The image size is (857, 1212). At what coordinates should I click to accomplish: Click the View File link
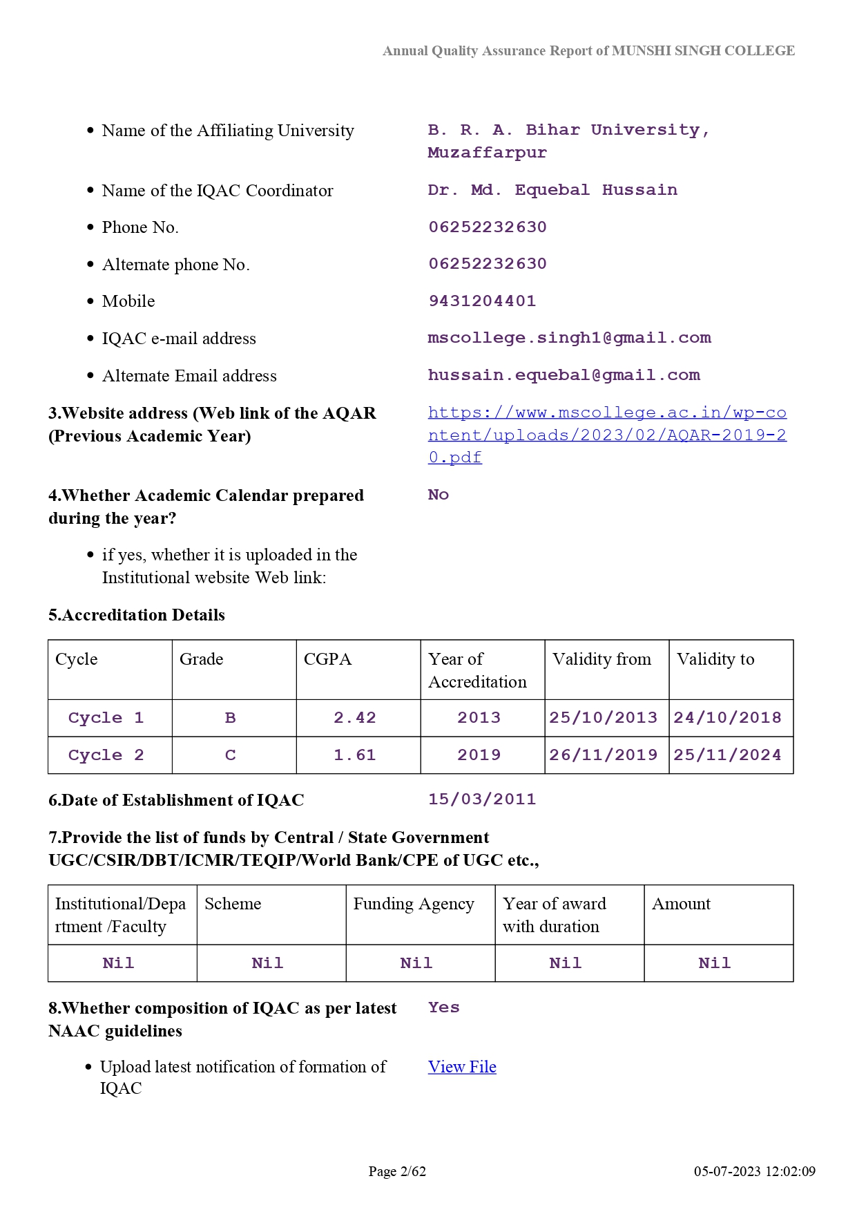[x=462, y=1067]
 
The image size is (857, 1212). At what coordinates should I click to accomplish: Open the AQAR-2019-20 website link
[x=606, y=435]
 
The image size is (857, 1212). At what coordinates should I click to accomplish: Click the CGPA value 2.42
[x=355, y=718]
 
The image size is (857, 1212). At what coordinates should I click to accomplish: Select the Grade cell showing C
[x=231, y=755]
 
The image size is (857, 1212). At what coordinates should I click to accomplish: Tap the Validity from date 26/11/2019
[x=604, y=755]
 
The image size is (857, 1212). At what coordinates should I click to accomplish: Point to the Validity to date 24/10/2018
[x=727, y=718]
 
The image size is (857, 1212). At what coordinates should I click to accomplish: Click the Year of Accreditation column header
[x=477, y=670]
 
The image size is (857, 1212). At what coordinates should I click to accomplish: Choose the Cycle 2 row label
[x=106, y=755]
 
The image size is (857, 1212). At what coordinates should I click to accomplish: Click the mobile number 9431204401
[x=482, y=301]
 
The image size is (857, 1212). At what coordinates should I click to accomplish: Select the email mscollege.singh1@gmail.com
[x=569, y=338]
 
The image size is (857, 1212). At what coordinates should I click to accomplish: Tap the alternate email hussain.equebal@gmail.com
[x=564, y=375]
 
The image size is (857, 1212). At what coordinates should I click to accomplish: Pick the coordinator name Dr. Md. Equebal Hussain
[x=552, y=190]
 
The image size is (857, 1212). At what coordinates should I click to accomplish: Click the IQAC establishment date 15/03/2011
[x=482, y=799]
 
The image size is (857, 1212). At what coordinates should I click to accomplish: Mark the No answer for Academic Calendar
[x=439, y=495]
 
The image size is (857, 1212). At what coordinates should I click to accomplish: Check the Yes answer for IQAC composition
[x=443, y=1007]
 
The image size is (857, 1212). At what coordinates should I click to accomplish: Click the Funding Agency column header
[x=414, y=904]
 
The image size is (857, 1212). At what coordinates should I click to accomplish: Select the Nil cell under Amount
[x=714, y=963]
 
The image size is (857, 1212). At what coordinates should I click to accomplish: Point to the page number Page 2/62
[x=397, y=1171]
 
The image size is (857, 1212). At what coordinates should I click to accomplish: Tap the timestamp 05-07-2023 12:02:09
[x=754, y=1171]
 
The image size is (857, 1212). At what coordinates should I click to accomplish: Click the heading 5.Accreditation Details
[x=137, y=615]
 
